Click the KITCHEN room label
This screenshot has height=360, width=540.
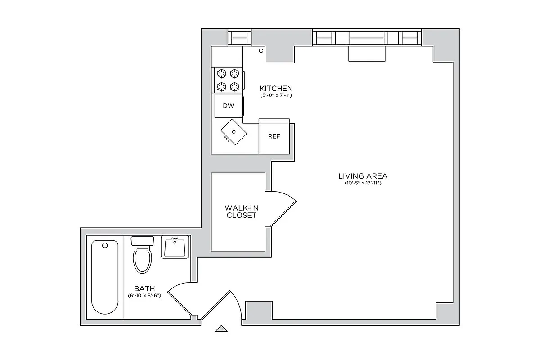tap(276, 88)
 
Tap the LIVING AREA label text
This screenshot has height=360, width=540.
tap(363, 176)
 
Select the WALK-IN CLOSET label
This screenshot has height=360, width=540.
tap(241, 211)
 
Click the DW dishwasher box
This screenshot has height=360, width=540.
tap(228, 106)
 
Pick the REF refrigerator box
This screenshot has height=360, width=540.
tap(274, 136)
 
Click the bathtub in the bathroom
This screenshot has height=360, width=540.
tap(105, 277)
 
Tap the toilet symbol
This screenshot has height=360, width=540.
tap(143, 256)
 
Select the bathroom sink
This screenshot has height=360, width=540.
tap(175, 247)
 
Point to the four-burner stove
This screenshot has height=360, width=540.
tap(228, 80)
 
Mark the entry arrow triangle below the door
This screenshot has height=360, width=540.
tap(221, 329)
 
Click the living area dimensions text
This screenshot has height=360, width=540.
tap(363, 183)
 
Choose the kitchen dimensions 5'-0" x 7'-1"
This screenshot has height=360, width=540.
tap(276, 95)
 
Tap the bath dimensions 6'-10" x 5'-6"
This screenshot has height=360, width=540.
tap(144, 296)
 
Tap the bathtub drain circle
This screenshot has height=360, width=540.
tap(105, 246)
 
